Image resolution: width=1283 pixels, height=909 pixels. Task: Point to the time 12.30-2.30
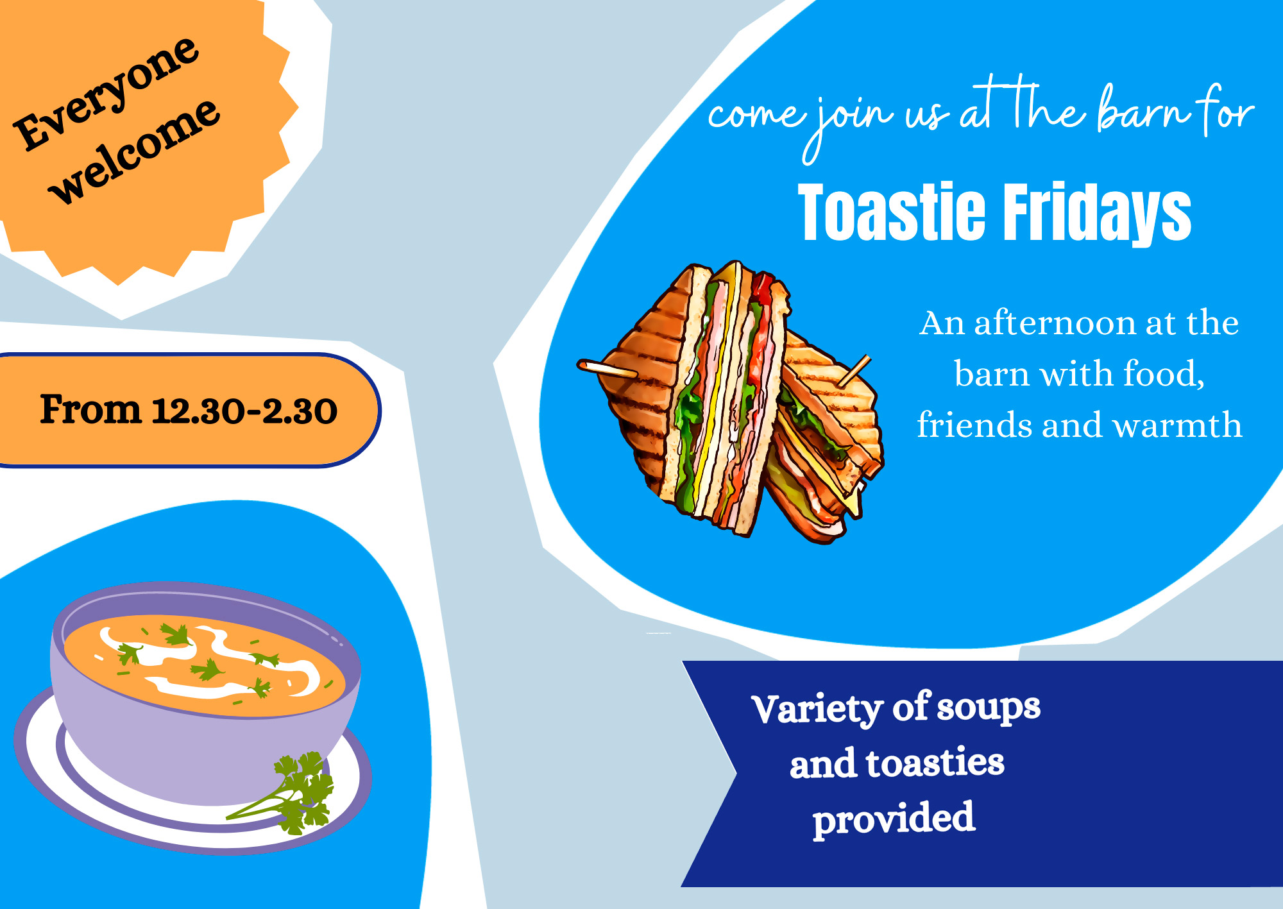click(244, 411)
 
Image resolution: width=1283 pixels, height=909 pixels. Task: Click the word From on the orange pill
click(90, 409)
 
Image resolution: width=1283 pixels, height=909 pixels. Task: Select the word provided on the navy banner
click(894, 819)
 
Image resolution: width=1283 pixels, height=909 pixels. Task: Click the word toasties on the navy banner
click(935, 763)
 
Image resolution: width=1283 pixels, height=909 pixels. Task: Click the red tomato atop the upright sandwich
click(763, 289)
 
